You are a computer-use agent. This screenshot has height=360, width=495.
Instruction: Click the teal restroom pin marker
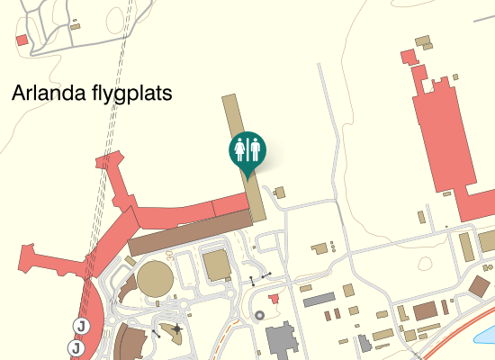click(247, 149)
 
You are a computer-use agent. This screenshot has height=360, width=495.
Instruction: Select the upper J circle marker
click(81, 326)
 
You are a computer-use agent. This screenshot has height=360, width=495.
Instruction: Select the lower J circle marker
click(76, 346)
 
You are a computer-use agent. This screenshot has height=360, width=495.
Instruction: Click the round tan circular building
click(155, 279)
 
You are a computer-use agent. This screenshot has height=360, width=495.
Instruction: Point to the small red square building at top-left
click(22, 40)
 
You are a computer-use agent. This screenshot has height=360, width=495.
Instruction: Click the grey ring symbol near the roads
click(260, 315)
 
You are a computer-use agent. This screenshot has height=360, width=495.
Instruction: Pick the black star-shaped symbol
click(177, 329)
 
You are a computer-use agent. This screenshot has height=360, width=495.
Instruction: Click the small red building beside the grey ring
click(274, 298)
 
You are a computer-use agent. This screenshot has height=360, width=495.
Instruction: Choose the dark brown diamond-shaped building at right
click(482, 288)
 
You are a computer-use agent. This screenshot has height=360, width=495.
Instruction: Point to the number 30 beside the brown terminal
click(170, 255)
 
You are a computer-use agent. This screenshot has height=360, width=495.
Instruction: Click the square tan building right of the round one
click(217, 265)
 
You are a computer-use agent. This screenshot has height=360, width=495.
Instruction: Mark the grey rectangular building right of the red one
click(319, 299)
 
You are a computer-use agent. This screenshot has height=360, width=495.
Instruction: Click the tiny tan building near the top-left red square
click(76, 25)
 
